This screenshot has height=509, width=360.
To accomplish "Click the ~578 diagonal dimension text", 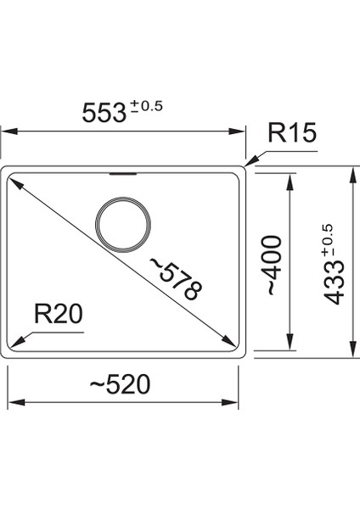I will tap(177, 280).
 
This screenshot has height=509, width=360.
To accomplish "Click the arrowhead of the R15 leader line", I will tap(249, 161).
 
